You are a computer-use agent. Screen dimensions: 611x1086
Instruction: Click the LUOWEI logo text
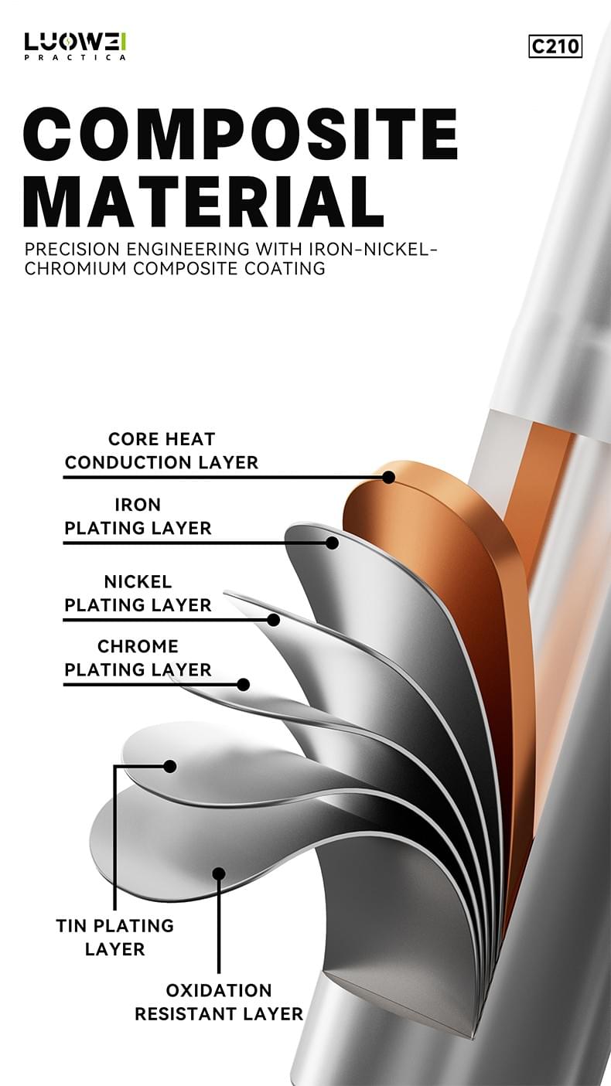coord(75,43)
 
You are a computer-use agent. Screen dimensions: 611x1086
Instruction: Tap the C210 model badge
coord(555,46)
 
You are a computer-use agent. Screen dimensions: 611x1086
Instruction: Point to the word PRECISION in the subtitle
coord(72,249)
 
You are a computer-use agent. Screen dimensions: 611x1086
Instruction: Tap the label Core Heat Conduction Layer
coord(162,451)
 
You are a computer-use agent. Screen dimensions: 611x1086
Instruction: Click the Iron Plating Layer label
coord(138,516)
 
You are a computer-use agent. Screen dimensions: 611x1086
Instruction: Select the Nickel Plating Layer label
coord(138,593)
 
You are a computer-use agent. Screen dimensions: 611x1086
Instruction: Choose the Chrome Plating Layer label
coord(138,658)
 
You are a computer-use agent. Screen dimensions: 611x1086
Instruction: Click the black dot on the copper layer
coord(388,478)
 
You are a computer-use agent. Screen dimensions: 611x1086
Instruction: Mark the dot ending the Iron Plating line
coord(332,543)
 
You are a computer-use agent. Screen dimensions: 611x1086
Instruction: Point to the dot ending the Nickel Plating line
coord(274,620)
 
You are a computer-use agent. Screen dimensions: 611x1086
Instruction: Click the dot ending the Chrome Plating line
coord(244,685)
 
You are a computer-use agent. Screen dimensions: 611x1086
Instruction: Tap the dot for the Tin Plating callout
coord(169,767)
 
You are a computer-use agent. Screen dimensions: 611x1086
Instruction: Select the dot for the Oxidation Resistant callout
coord(219,873)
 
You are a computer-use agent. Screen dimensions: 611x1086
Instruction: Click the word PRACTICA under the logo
coord(75,57)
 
